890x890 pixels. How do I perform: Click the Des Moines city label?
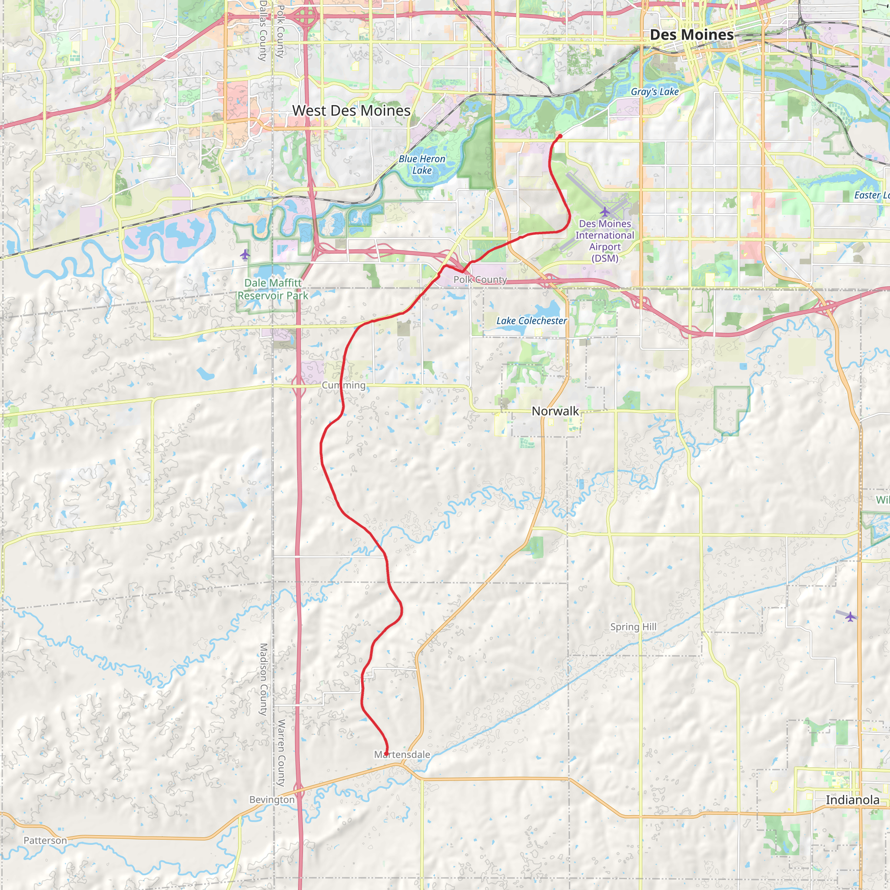[691, 35]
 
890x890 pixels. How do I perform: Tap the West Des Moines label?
[351, 110]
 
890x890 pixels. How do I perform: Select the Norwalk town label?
[555, 411]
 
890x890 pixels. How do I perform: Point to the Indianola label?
[852, 800]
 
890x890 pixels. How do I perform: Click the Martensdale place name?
[402, 754]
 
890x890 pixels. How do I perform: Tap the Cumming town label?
[344, 385]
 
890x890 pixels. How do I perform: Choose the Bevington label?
[272, 799]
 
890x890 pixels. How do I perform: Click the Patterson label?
[45, 840]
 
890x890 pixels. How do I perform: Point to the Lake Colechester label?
[531, 321]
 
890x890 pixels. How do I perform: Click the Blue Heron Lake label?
[422, 164]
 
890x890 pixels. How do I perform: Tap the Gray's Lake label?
[654, 92]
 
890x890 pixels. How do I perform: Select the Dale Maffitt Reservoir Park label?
[273, 289]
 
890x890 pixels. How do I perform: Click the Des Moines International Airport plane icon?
[604, 212]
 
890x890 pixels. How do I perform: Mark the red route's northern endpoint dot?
[560, 136]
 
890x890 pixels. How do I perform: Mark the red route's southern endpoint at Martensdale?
[386, 754]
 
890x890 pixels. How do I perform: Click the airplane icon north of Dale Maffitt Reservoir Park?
[245, 254]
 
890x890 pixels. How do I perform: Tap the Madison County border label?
[263, 679]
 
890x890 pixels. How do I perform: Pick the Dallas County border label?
[263, 31]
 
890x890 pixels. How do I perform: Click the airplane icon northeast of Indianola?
[850, 616]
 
